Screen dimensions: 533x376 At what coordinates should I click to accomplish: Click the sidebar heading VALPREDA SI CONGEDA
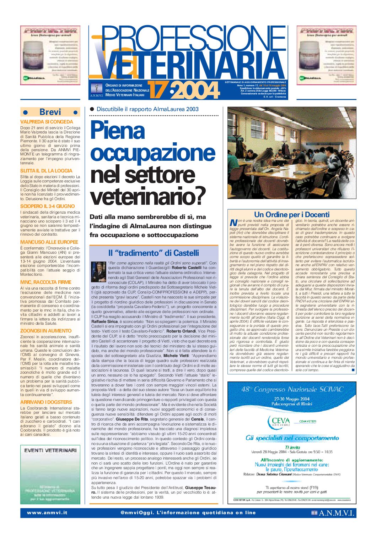coord(47,122)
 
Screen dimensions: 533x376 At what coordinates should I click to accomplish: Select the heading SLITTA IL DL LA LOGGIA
coord(46,171)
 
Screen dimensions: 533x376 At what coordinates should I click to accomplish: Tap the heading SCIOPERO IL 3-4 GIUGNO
coord(47,206)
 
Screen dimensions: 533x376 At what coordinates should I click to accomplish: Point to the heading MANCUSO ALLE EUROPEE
coord(49,242)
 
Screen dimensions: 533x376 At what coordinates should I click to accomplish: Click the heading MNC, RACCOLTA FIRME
coord(46,282)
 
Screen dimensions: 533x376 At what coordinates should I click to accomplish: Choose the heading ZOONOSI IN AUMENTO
coord(46,331)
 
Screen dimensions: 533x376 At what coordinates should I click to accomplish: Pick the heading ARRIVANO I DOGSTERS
coord(46,402)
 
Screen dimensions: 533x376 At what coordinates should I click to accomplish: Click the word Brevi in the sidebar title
coord(50,112)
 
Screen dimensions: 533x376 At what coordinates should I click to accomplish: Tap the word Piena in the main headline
coord(118,130)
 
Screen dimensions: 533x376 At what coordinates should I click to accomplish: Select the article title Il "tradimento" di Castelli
coord(154,253)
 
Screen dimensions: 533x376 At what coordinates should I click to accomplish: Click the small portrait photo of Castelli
coord(98,271)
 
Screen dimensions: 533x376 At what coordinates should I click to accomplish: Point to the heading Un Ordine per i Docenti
coord(292,214)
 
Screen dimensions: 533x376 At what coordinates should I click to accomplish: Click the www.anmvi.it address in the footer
coord(47,513)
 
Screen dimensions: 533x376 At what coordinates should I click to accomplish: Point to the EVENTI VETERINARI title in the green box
coord(50,450)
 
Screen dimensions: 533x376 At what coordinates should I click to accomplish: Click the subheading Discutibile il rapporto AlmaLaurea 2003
coord(147,109)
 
